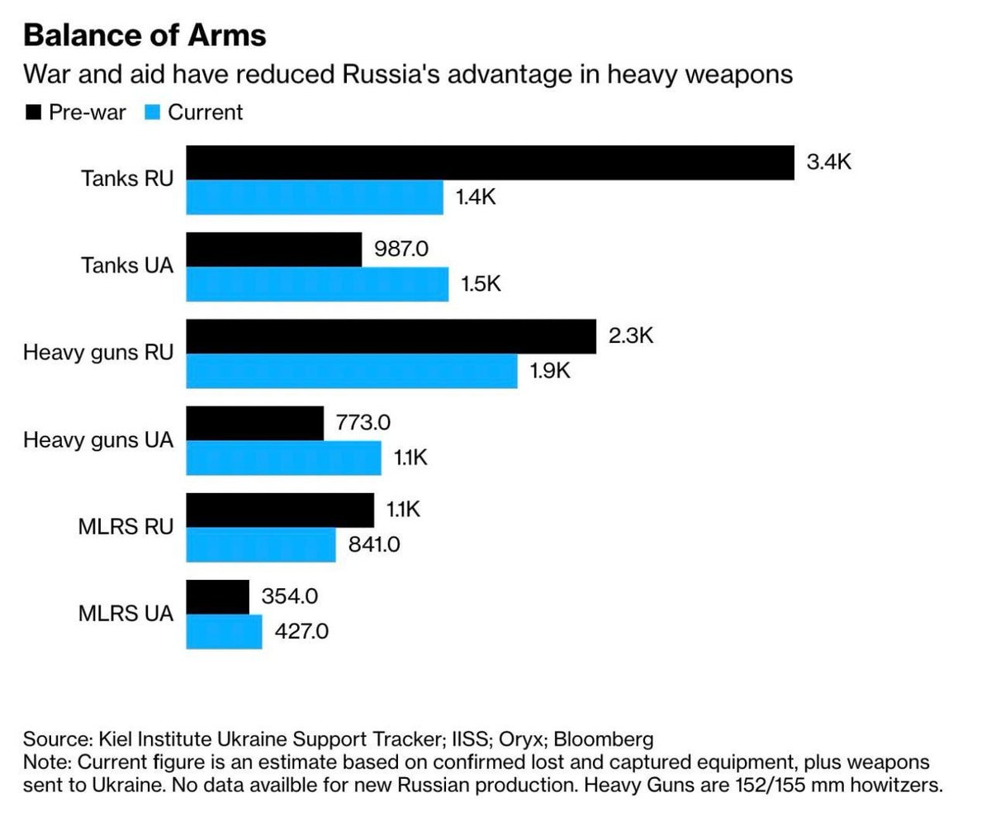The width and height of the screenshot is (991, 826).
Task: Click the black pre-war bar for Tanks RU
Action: pyautogui.click(x=490, y=163)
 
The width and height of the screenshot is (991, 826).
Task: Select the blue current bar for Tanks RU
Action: pyautogui.click(x=315, y=197)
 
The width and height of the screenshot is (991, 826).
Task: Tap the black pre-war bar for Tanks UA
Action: pyautogui.click(x=274, y=249)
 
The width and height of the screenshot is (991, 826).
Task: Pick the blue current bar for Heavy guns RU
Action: pyautogui.click(x=352, y=371)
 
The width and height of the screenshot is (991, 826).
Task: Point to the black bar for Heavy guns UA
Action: pyautogui.click(x=255, y=423)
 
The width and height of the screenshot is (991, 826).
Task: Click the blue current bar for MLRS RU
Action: pyautogui.click(x=261, y=544)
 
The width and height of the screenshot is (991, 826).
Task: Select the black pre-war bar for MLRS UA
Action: pyautogui.click(x=218, y=596)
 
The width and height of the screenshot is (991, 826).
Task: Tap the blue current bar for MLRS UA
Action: pyautogui.click(x=225, y=631)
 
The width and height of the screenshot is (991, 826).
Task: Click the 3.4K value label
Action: pyautogui.click(x=828, y=162)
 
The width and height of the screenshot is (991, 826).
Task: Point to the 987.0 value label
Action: pyautogui.click(x=401, y=249)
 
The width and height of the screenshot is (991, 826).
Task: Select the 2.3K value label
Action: pyautogui.click(x=631, y=336)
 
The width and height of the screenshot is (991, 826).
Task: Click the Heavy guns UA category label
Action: pyautogui.click(x=98, y=440)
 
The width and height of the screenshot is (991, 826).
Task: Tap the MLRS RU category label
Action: pyautogui.click(x=126, y=527)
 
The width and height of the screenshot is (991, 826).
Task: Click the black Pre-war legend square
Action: pyautogui.click(x=32, y=112)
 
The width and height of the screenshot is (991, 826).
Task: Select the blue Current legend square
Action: pyautogui.click(x=152, y=112)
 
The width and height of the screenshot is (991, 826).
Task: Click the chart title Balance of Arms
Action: pyautogui.click(x=145, y=36)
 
